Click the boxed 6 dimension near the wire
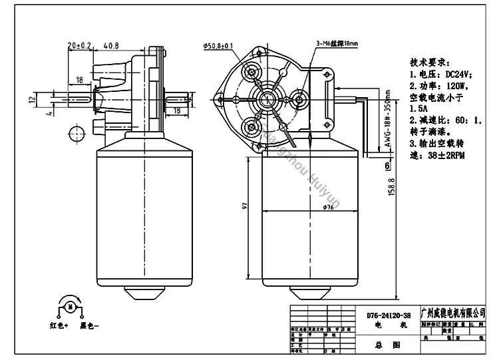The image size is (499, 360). pyautogui.click(x=386, y=166)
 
